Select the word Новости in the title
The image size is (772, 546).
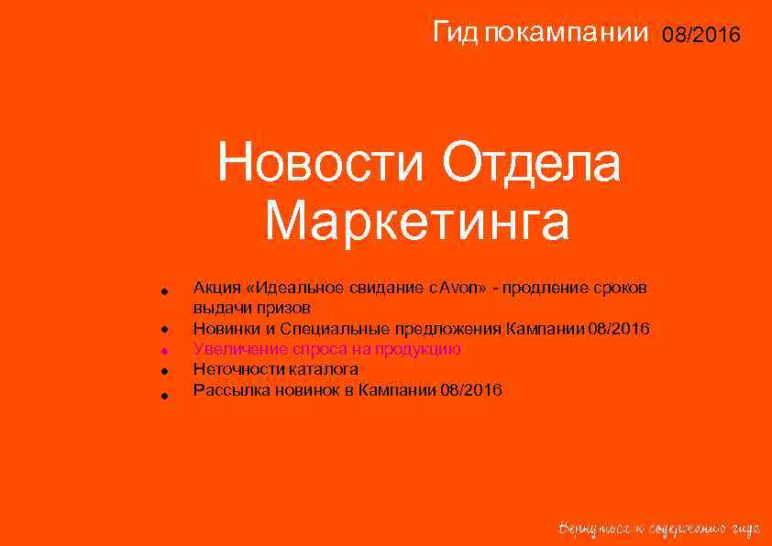[x=323, y=166]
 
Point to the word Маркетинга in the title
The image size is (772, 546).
[x=417, y=223]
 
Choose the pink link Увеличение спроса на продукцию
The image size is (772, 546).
[x=326, y=349]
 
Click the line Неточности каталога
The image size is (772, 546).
[x=275, y=369]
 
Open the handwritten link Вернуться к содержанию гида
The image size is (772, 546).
[x=659, y=528]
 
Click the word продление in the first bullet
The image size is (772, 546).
[x=537, y=288]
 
